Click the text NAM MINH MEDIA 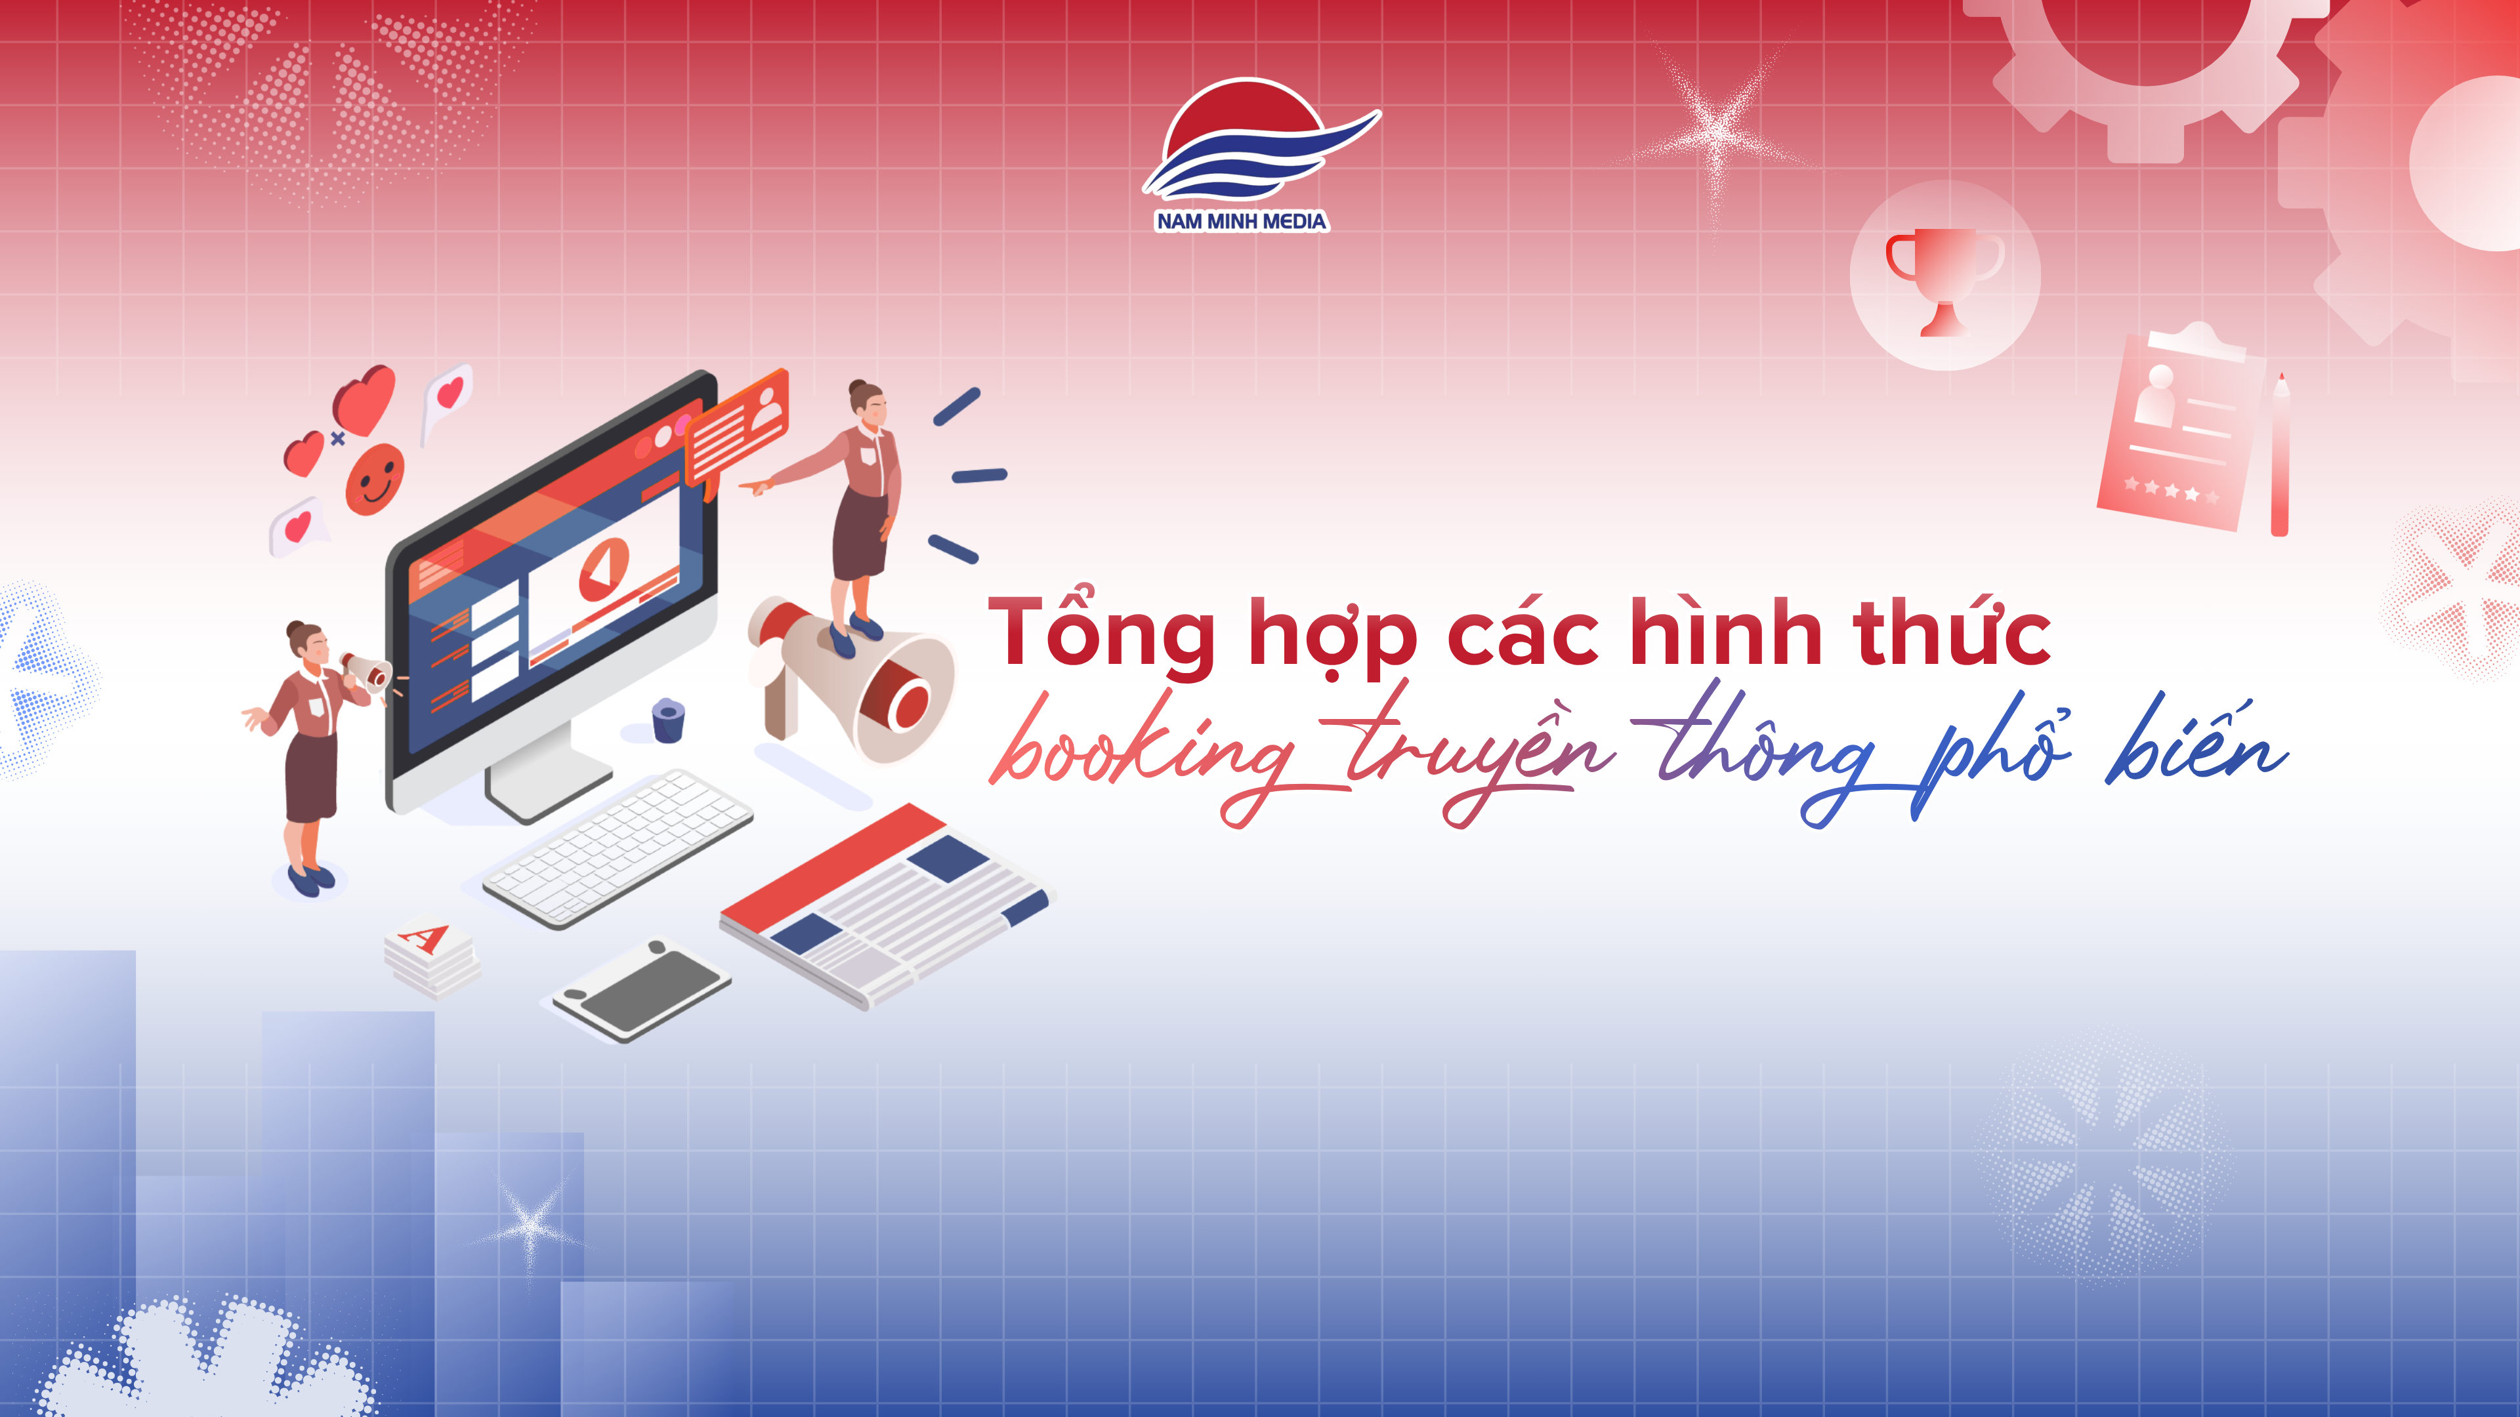point(1242,222)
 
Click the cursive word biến point(2197,748)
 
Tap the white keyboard point(618,847)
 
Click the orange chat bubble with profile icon point(736,431)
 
